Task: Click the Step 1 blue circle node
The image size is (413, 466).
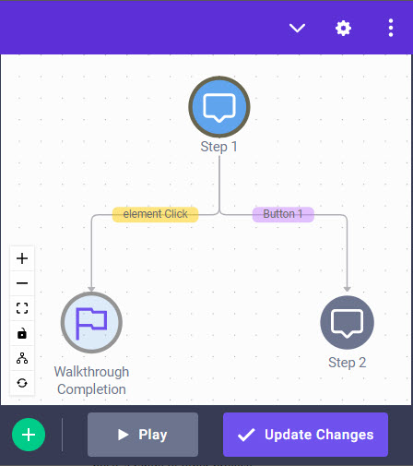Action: [219, 107]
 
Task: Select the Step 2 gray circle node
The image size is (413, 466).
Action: [347, 322]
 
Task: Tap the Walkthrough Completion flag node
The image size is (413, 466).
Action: [91, 322]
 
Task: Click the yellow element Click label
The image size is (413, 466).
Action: [155, 214]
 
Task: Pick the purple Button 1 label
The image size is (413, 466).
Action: [283, 214]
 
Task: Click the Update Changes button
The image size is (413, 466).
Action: [305, 435]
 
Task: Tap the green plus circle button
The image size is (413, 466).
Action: [29, 435]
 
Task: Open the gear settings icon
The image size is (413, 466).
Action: [343, 29]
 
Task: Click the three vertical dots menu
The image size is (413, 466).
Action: [391, 28]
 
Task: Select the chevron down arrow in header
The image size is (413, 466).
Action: [297, 28]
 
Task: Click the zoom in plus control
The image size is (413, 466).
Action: [22, 258]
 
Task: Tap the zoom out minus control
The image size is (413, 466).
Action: [22, 283]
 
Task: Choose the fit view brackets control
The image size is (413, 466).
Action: [22, 308]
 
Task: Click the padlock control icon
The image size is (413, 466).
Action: [22, 333]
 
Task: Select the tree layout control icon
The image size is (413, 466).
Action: [22, 358]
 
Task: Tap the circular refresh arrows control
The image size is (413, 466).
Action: [22, 383]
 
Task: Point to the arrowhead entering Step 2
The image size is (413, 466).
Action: [347, 289]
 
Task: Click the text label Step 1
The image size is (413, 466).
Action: [218, 147]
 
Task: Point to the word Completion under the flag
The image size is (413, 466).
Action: [91, 389]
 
